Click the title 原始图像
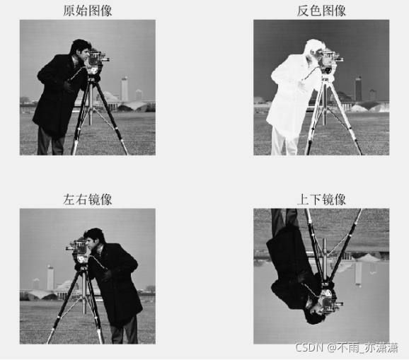pyautogui.click(x=87, y=11)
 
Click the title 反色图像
pyautogui.click(x=321, y=11)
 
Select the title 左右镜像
pyautogui.click(x=87, y=199)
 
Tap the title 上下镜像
pyautogui.click(x=321, y=199)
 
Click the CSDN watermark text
pyautogui.click(x=347, y=348)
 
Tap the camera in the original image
pyautogui.click(x=96, y=59)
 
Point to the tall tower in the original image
pyautogui.click(x=125, y=89)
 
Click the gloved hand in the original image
pyautogui.click(x=69, y=86)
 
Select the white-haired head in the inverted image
pyautogui.click(x=313, y=50)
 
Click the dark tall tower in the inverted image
pyautogui.click(x=358, y=89)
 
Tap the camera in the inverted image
pyautogui.click(x=330, y=59)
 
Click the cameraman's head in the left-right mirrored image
pyautogui.click(x=95, y=239)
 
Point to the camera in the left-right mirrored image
pyautogui.click(x=79, y=248)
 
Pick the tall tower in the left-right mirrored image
pyautogui.click(x=51, y=278)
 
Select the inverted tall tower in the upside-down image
pyautogui.click(x=358, y=274)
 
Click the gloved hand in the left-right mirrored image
pyautogui.click(x=106, y=275)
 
